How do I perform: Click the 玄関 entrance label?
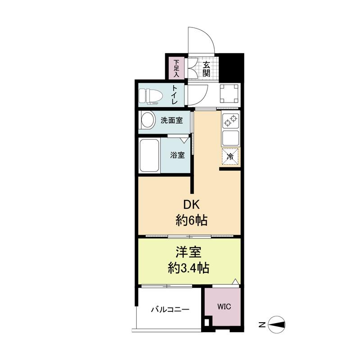point(206,69)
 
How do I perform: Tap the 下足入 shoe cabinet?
point(176,68)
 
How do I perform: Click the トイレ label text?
point(175,95)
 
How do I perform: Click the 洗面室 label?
point(172,120)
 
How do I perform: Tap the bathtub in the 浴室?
point(149,155)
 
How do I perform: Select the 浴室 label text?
point(177,155)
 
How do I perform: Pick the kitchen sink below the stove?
point(231,138)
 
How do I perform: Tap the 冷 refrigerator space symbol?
point(230,157)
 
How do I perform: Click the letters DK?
point(191,205)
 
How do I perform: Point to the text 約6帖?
point(192,220)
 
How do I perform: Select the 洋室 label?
point(189,252)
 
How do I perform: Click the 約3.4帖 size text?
point(189,268)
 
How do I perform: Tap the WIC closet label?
point(224,306)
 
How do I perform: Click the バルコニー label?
point(170,310)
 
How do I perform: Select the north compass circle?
point(277,324)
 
